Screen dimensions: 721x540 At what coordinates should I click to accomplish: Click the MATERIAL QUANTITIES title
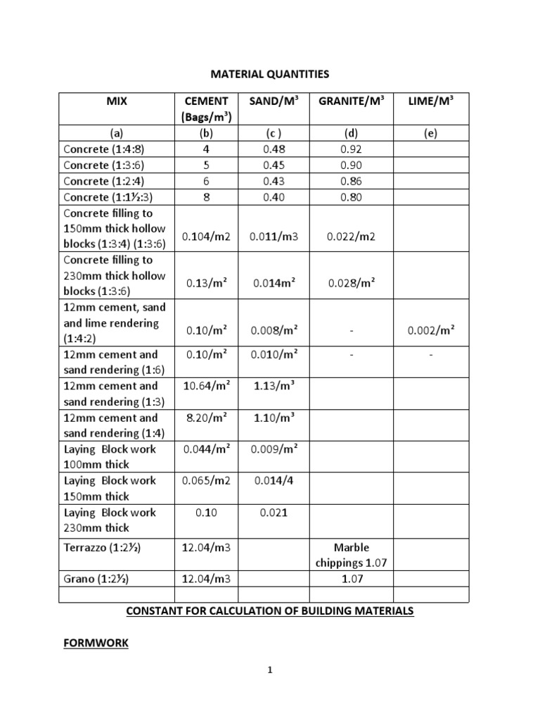click(x=270, y=74)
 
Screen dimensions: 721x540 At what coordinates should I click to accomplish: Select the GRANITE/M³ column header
click(x=352, y=101)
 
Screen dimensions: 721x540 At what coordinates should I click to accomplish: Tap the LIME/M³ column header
click(x=431, y=101)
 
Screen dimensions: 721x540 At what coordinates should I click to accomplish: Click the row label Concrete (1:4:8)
click(x=107, y=149)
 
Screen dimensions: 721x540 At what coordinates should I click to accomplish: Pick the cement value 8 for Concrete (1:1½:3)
click(x=207, y=197)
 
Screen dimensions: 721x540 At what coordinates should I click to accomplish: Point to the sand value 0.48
click(x=274, y=149)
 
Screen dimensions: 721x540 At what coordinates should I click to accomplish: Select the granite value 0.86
click(x=352, y=181)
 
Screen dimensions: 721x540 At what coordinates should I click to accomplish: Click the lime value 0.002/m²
click(x=431, y=330)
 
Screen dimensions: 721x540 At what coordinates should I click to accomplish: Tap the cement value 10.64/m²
click(x=207, y=385)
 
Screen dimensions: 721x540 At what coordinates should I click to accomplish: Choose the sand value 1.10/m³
click(x=274, y=417)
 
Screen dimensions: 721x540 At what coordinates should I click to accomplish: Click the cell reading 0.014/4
click(x=274, y=480)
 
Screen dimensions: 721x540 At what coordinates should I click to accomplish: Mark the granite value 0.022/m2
click(x=352, y=237)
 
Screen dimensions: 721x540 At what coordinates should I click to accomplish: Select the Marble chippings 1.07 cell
click(x=352, y=555)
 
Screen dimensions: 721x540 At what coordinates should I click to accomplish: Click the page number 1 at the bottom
click(x=270, y=670)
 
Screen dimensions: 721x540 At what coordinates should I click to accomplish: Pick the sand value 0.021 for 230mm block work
click(x=274, y=513)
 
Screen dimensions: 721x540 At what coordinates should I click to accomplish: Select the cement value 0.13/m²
click(x=207, y=283)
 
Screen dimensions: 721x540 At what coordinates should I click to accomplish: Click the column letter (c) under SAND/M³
click(x=274, y=133)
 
